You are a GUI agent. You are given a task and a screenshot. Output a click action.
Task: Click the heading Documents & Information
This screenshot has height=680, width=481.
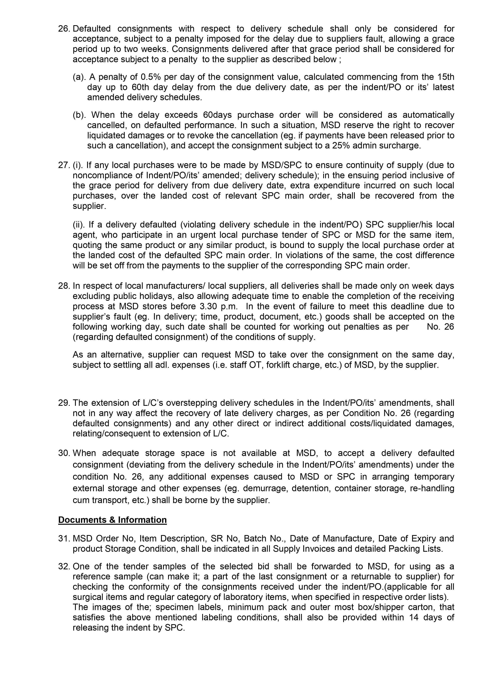[112, 520]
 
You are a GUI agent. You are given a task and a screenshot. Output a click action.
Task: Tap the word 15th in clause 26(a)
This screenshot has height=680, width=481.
[446, 77]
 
